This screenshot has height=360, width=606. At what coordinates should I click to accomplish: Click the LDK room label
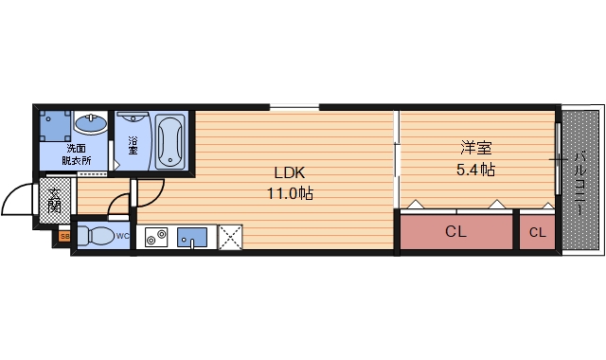coord(290,172)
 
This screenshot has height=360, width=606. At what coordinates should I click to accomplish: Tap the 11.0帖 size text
coord(291,193)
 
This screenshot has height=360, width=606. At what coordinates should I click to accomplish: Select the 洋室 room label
coord(475,148)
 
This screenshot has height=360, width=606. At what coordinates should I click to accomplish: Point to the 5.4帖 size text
coord(475,170)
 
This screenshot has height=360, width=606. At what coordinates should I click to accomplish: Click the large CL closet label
coord(455,231)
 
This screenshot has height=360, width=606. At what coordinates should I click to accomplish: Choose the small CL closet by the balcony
coord(537,232)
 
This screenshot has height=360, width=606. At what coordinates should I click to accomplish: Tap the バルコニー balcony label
coord(579,183)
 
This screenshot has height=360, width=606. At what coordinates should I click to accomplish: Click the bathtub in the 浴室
coord(169,142)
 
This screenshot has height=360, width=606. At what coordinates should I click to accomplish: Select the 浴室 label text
coord(133,145)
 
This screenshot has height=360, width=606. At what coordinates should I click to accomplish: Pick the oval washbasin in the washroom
coord(91,124)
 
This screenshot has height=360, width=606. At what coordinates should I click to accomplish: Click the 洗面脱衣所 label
coord(76,153)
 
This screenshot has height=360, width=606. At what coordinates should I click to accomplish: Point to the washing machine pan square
coord(56,126)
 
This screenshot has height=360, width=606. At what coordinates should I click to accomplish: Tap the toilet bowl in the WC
coord(97,236)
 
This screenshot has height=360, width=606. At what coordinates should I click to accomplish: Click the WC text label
coord(122,236)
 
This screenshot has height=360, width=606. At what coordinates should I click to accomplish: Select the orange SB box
coord(64,236)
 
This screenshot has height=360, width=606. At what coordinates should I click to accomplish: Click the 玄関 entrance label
coord(55,200)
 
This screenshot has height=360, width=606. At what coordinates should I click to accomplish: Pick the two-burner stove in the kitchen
coord(156,237)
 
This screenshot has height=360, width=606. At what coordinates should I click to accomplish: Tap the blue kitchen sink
coord(191,237)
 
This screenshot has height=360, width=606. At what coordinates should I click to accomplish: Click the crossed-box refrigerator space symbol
coord(230,237)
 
